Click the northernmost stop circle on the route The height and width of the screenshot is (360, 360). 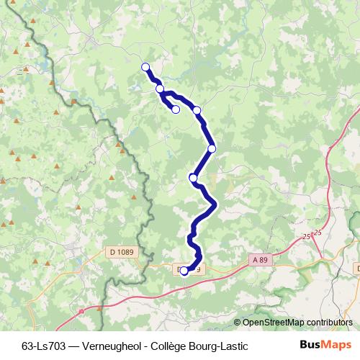pyautogui.click(x=145, y=67)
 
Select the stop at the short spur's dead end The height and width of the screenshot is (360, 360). pyautogui.click(x=176, y=109)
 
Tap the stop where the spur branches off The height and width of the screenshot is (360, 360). pyautogui.click(x=160, y=89)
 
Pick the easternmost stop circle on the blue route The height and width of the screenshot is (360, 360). pyautogui.click(x=212, y=149)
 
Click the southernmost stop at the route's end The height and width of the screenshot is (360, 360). pyautogui.click(x=184, y=271)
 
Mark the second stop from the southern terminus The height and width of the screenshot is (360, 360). pyautogui.click(x=193, y=177)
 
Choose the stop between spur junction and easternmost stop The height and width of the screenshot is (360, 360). pyautogui.click(x=197, y=110)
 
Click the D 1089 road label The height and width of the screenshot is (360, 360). pyautogui.click(x=122, y=251)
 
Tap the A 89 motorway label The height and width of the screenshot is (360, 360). pyautogui.click(x=260, y=259)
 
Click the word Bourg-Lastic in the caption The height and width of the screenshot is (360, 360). pyautogui.click(x=218, y=344)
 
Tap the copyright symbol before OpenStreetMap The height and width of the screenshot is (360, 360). pyautogui.click(x=238, y=323)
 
